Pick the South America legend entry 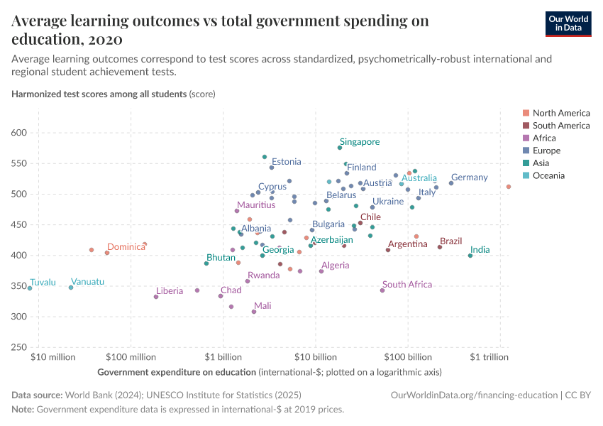(x=560, y=126)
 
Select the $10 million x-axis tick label (x=53, y=356)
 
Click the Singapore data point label (x=360, y=142)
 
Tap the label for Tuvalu (x=43, y=283)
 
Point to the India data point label (x=480, y=250)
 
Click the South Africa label (x=407, y=285)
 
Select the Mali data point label (x=262, y=306)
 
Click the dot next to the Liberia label (x=156, y=297)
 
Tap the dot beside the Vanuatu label (x=71, y=288)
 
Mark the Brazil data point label (x=450, y=241)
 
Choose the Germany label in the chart (x=469, y=177)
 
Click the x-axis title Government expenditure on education (x=176, y=372)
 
